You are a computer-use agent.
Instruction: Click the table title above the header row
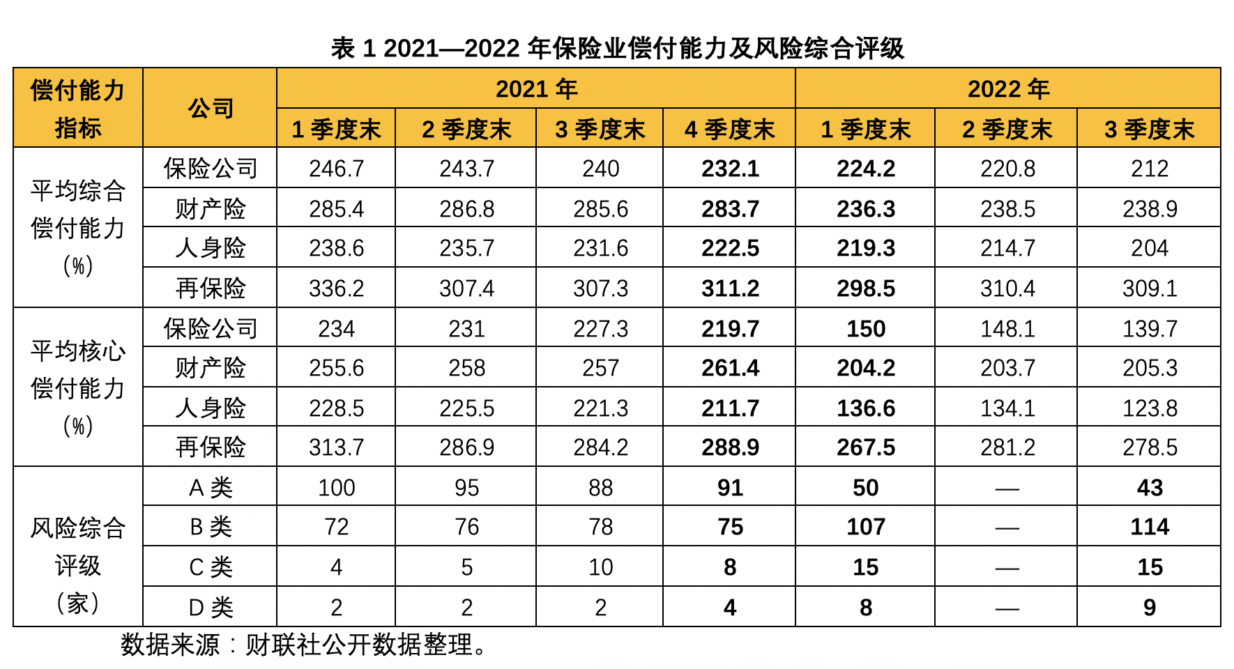click(x=617, y=48)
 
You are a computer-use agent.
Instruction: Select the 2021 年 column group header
click(x=536, y=89)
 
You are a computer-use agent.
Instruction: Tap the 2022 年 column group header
click(x=1008, y=89)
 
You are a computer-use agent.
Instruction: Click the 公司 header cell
click(x=210, y=108)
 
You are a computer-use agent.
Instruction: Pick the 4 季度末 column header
click(x=729, y=129)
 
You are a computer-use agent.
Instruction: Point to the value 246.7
click(x=336, y=169)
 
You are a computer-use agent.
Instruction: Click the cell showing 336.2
click(x=336, y=289)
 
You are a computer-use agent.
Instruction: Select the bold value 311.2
click(x=730, y=289)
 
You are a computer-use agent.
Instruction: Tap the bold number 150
click(x=866, y=329)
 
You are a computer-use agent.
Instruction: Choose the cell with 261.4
click(x=730, y=368)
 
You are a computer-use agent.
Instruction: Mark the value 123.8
click(x=1150, y=408)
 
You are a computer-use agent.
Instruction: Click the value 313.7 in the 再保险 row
click(x=336, y=447)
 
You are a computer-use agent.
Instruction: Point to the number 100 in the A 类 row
click(x=336, y=488)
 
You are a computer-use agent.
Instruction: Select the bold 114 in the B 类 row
click(x=1150, y=527)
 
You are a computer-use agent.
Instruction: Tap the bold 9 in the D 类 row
click(x=1150, y=608)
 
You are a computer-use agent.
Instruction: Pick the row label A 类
click(x=210, y=488)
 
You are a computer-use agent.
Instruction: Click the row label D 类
click(x=210, y=608)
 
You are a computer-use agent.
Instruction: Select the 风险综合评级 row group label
click(x=77, y=547)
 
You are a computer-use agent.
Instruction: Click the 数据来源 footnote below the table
click(x=304, y=645)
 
